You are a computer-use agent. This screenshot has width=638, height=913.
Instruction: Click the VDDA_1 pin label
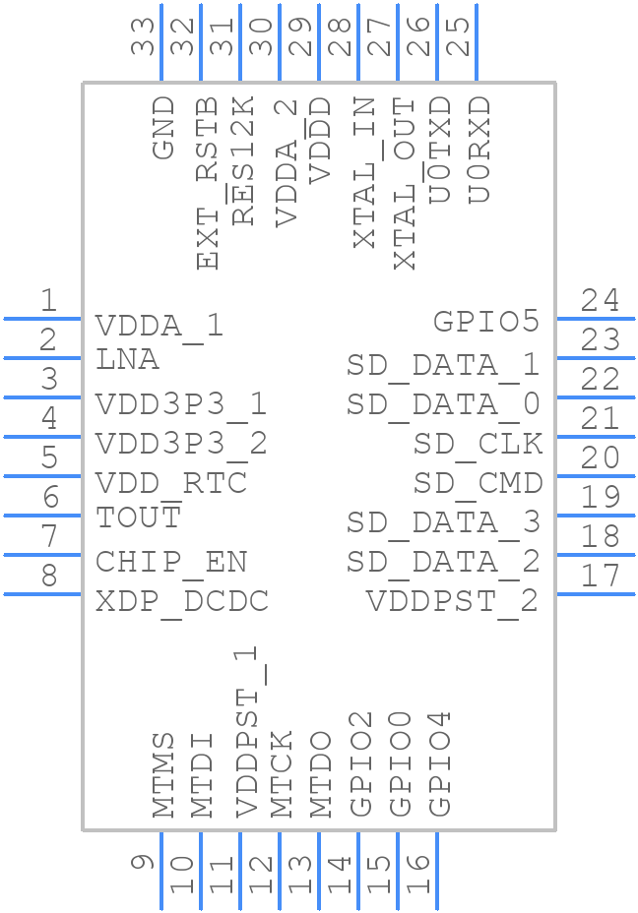click(x=159, y=326)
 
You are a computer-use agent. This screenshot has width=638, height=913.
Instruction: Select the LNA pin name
click(x=127, y=360)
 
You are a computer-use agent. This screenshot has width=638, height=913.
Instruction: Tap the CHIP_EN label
click(x=171, y=562)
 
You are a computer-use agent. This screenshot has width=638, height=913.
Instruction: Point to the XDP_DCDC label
click(x=181, y=601)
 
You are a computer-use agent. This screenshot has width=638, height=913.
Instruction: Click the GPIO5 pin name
click(x=486, y=322)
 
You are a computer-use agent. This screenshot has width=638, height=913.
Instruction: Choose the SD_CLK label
click(x=478, y=444)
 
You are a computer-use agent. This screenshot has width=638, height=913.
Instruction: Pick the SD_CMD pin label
click(x=478, y=483)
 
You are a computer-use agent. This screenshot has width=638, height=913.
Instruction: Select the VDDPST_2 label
click(x=453, y=600)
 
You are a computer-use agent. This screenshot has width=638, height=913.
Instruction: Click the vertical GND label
click(x=163, y=128)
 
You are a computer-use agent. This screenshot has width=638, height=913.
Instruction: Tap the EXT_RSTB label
click(x=207, y=183)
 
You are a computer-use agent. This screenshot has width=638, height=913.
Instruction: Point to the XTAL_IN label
click(x=364, y=172)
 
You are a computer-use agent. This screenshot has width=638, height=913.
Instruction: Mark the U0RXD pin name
click(x=478, y=149)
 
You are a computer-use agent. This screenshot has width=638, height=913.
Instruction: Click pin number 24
click(x=600, y=300)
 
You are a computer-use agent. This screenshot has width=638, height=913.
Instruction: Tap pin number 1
click(x=47, y=300)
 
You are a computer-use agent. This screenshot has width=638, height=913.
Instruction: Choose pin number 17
click(x=600, y=576)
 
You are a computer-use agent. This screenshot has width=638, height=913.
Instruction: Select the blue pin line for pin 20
click(x=595, y=475)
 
